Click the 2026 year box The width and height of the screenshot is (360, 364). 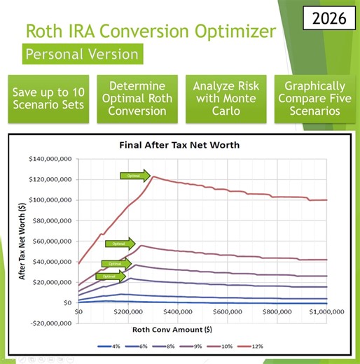324,18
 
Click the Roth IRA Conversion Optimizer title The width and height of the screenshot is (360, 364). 145,31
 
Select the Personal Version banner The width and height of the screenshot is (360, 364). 81,54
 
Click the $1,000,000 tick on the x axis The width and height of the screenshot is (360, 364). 326,311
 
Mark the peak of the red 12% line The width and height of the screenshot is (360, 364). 153,176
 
